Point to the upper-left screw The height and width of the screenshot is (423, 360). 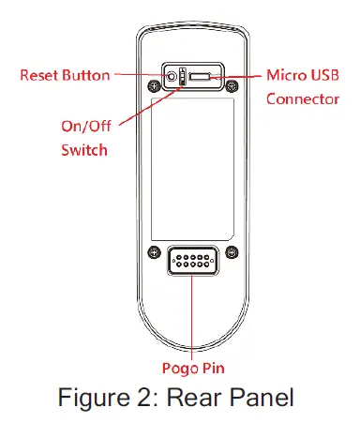click(153, 91)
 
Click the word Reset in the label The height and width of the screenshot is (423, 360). click(38, 75)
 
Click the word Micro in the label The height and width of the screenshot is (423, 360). click(289, 75)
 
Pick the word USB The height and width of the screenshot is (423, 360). click(326, 75)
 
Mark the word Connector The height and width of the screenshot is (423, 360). click(302, 98)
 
